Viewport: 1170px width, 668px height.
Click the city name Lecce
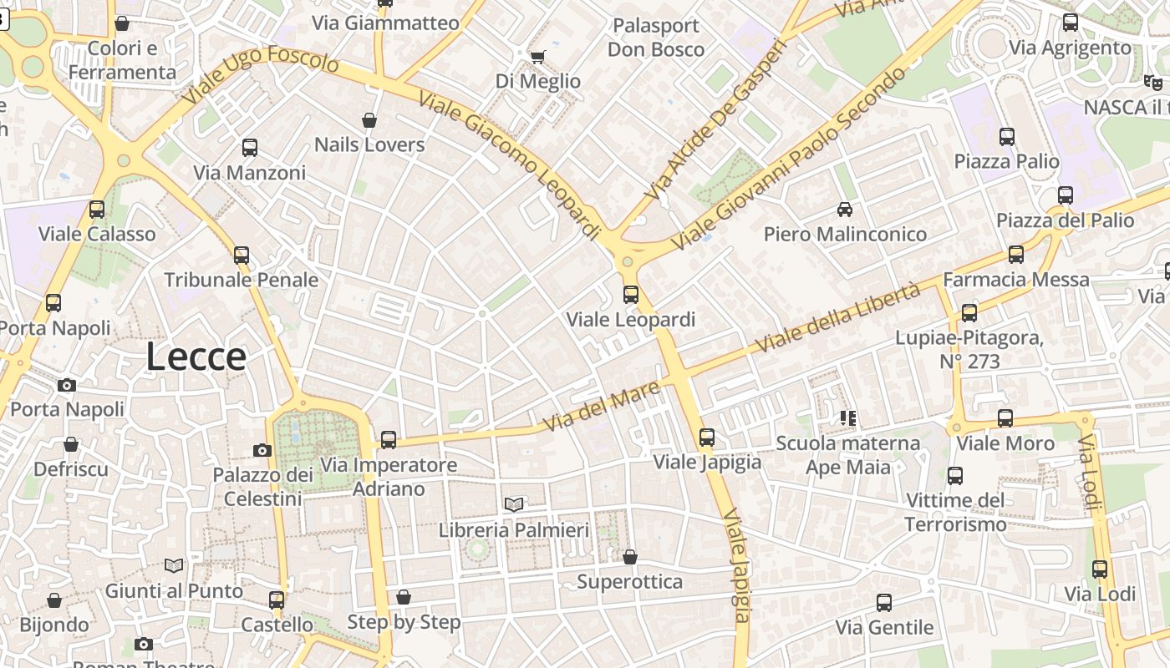pyautogui.click(x=196, y=357)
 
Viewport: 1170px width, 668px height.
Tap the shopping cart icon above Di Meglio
pyautogui.click(x=537, y=57)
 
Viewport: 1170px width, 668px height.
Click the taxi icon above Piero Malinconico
pyautogui.click(x=845, y=209)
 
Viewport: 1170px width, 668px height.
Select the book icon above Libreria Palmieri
pyautogui.click(x=514, y=504)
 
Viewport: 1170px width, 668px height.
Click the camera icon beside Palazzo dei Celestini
pyautogui.click(x=262, y=450)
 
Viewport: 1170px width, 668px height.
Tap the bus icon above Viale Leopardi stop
pyautogui.click(x=631, y=294)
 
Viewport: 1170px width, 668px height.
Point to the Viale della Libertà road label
pyautogui.click(x=837, y=317)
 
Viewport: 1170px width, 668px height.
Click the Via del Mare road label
pyautogui.click(x=601, y=407)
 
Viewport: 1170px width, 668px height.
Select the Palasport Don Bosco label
pyautogui.click(x=656, y=38)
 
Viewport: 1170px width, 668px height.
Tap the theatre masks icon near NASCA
pyautogui.click(x=1152, y=82)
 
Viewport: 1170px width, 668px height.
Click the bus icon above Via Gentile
pyautogui.click(x=884, y=602)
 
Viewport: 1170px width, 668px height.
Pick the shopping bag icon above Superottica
pyautogui.click(x=630, y=557)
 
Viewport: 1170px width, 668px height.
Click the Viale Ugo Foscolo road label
pyautogui.click(x=260, y=74)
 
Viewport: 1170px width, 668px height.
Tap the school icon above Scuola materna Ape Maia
pyautogui.click(x=848, y=417)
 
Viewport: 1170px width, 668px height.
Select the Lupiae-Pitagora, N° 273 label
pyautogui.click(x=969, y=350)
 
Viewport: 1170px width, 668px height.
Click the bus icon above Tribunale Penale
pyautogui.click(x=242, y=255)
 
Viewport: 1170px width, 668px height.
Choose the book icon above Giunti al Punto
pyautogui.click(x=174, y=565)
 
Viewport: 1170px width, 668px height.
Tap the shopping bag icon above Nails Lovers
pyautogui.click(x=369, y=120)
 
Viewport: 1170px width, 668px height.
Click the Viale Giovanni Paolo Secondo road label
pyautogui.click(x=789, y=158)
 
